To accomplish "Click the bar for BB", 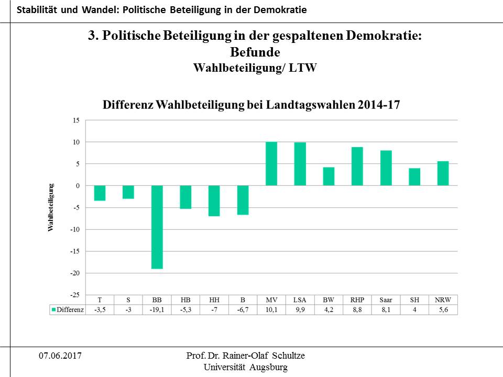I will [157, 227].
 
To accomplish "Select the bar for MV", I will [271, 164].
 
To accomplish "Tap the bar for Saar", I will [386, 168].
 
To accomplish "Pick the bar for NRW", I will [443, 173].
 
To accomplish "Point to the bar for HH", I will [214, 201].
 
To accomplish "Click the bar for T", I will [100, 193].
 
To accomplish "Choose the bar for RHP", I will [357, 167].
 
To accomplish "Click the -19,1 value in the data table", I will [157, 309].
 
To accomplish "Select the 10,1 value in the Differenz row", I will [271, 309].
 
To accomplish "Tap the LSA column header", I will [300, 300].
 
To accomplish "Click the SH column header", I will [414, 300].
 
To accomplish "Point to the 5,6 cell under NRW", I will [443, 309].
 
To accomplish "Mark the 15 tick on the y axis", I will [76, 120].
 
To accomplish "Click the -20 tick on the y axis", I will [75, 273].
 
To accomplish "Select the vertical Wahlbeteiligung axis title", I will [51, 207].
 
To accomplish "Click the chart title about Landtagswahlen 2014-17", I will [251, 104].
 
